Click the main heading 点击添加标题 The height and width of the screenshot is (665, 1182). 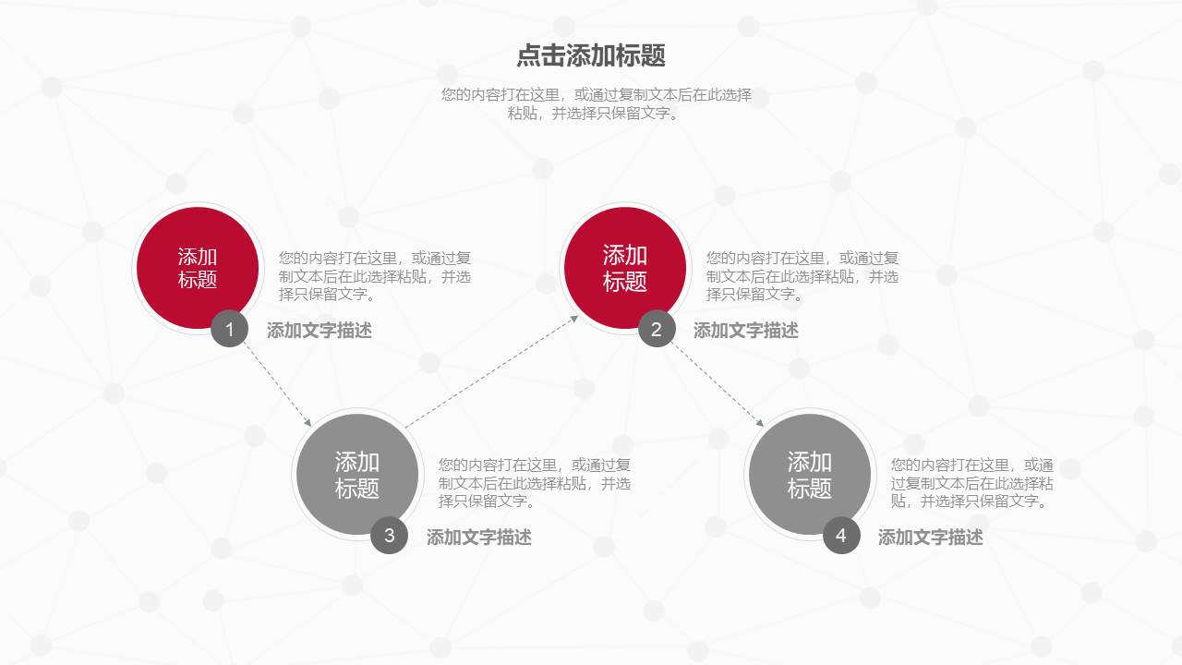click(591, 55)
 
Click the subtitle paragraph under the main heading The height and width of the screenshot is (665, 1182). click(597, 104)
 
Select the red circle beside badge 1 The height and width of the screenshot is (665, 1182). click(197, 267)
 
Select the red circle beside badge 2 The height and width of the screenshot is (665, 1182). click(624, 267)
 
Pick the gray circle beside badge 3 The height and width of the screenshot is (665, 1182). click(356, 474)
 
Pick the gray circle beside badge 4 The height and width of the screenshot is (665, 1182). click(809, 474)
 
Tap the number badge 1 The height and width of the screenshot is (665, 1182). click(229, 329)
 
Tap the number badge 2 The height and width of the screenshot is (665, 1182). click(657, 329)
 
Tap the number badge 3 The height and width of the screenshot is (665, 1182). click(389, 536)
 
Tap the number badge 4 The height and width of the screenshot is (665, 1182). click(841, 536)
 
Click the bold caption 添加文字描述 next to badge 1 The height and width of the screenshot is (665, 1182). click(320, 331)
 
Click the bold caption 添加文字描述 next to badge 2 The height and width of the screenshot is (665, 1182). click(746, 331)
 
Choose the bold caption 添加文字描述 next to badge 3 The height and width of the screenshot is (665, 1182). click(479, 538)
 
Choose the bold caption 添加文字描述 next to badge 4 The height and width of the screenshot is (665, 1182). click(931, 538)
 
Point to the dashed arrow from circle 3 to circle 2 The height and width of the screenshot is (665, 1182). click(491, 371)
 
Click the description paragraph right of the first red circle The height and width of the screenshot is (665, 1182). click(375, 276)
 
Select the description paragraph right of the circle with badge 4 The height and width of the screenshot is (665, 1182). click(971, 483)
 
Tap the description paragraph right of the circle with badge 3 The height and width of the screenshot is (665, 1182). click(535, 483)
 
